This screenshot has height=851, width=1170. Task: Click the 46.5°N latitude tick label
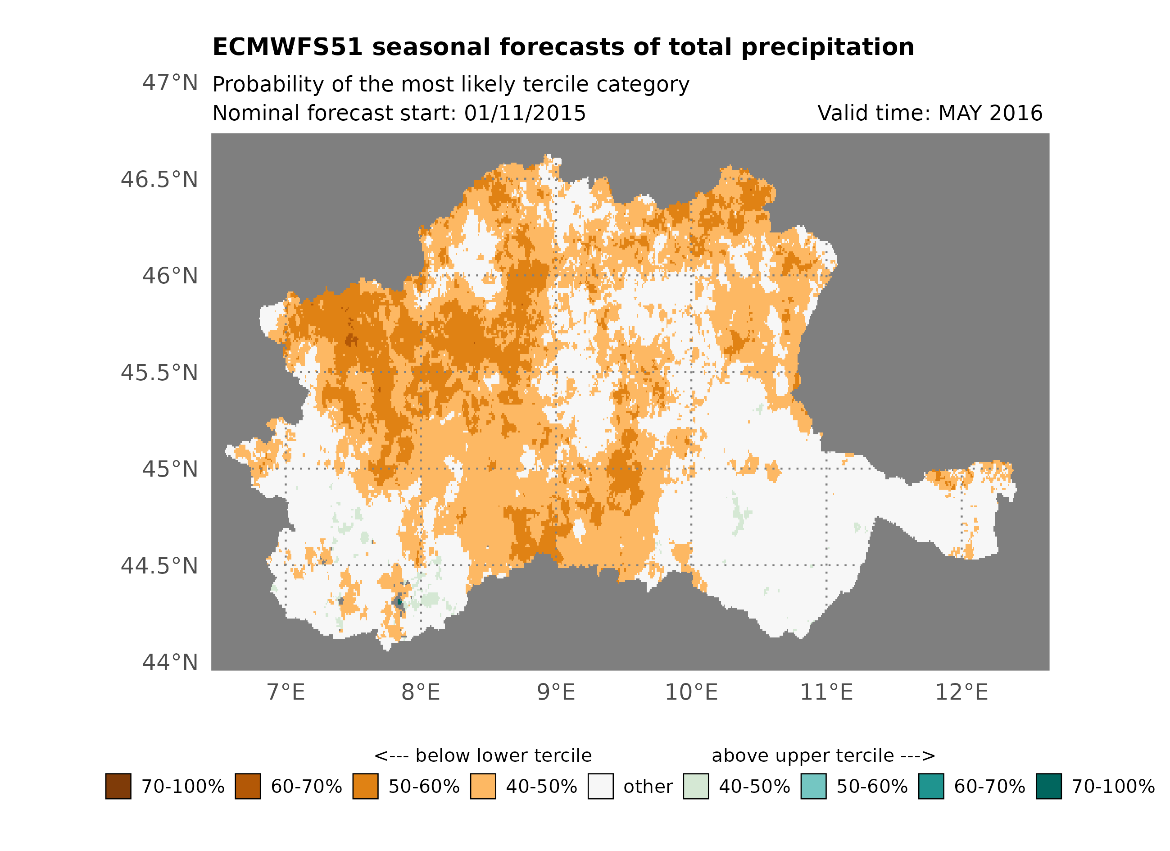coord(159,180)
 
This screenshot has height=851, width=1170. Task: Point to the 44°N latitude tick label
coord(170,662)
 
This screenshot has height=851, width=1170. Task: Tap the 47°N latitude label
coord(170,82)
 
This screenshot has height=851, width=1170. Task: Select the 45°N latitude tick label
coord(170,469)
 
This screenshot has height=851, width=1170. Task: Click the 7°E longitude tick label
coord(286,692)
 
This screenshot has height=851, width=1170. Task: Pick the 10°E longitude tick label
coord(691,692)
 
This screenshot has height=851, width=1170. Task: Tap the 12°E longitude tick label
coord(961,692)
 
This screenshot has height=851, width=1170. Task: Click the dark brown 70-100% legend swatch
coord(118,786)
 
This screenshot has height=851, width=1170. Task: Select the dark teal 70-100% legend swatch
coord(1048,786)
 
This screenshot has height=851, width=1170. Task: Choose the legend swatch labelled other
coord(600,786)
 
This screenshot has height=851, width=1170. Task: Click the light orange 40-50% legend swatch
coord(483,786)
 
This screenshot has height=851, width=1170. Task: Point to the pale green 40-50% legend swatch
coord(695,786)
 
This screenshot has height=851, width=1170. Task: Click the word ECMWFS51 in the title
coord(287,47)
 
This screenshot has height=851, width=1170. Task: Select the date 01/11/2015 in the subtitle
coord(525,113)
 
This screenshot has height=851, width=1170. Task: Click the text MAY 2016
coord(990,113)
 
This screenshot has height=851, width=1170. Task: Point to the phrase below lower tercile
coord(503,755)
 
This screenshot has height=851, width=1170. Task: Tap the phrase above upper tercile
coord(802,755)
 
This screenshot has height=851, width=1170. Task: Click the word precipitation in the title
coord(827,47)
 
